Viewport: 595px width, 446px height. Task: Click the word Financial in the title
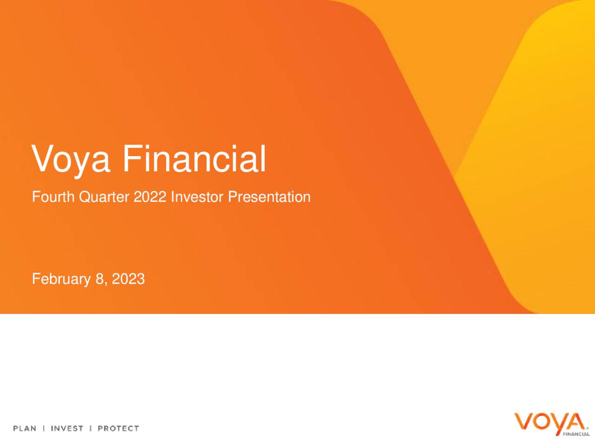[x=194, y=158]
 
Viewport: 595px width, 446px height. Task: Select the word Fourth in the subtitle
[x=53, y=197]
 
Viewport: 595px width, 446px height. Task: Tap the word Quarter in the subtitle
[x=104, y=197]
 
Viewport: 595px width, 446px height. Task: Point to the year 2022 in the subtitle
[x=150, y=197]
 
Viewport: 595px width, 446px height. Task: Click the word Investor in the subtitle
[x=197, y=197]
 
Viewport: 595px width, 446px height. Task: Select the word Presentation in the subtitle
[x=269, y=197]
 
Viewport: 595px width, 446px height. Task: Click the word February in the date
[x=61, y=279]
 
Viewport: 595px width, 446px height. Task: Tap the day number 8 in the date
[x=99, y=279]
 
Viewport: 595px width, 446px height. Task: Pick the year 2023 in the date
[x=128, y=279]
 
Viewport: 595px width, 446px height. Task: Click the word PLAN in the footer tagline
[x=25, y=428]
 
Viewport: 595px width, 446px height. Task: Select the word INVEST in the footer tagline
[x=67, y=428]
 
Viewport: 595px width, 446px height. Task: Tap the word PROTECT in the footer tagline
[x=118, y=428]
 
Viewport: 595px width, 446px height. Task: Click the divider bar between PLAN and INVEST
[x=44, y=428]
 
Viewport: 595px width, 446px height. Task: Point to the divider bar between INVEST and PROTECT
[x=91, y=428]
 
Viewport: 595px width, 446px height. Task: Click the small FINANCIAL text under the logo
[x=576, y=434]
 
